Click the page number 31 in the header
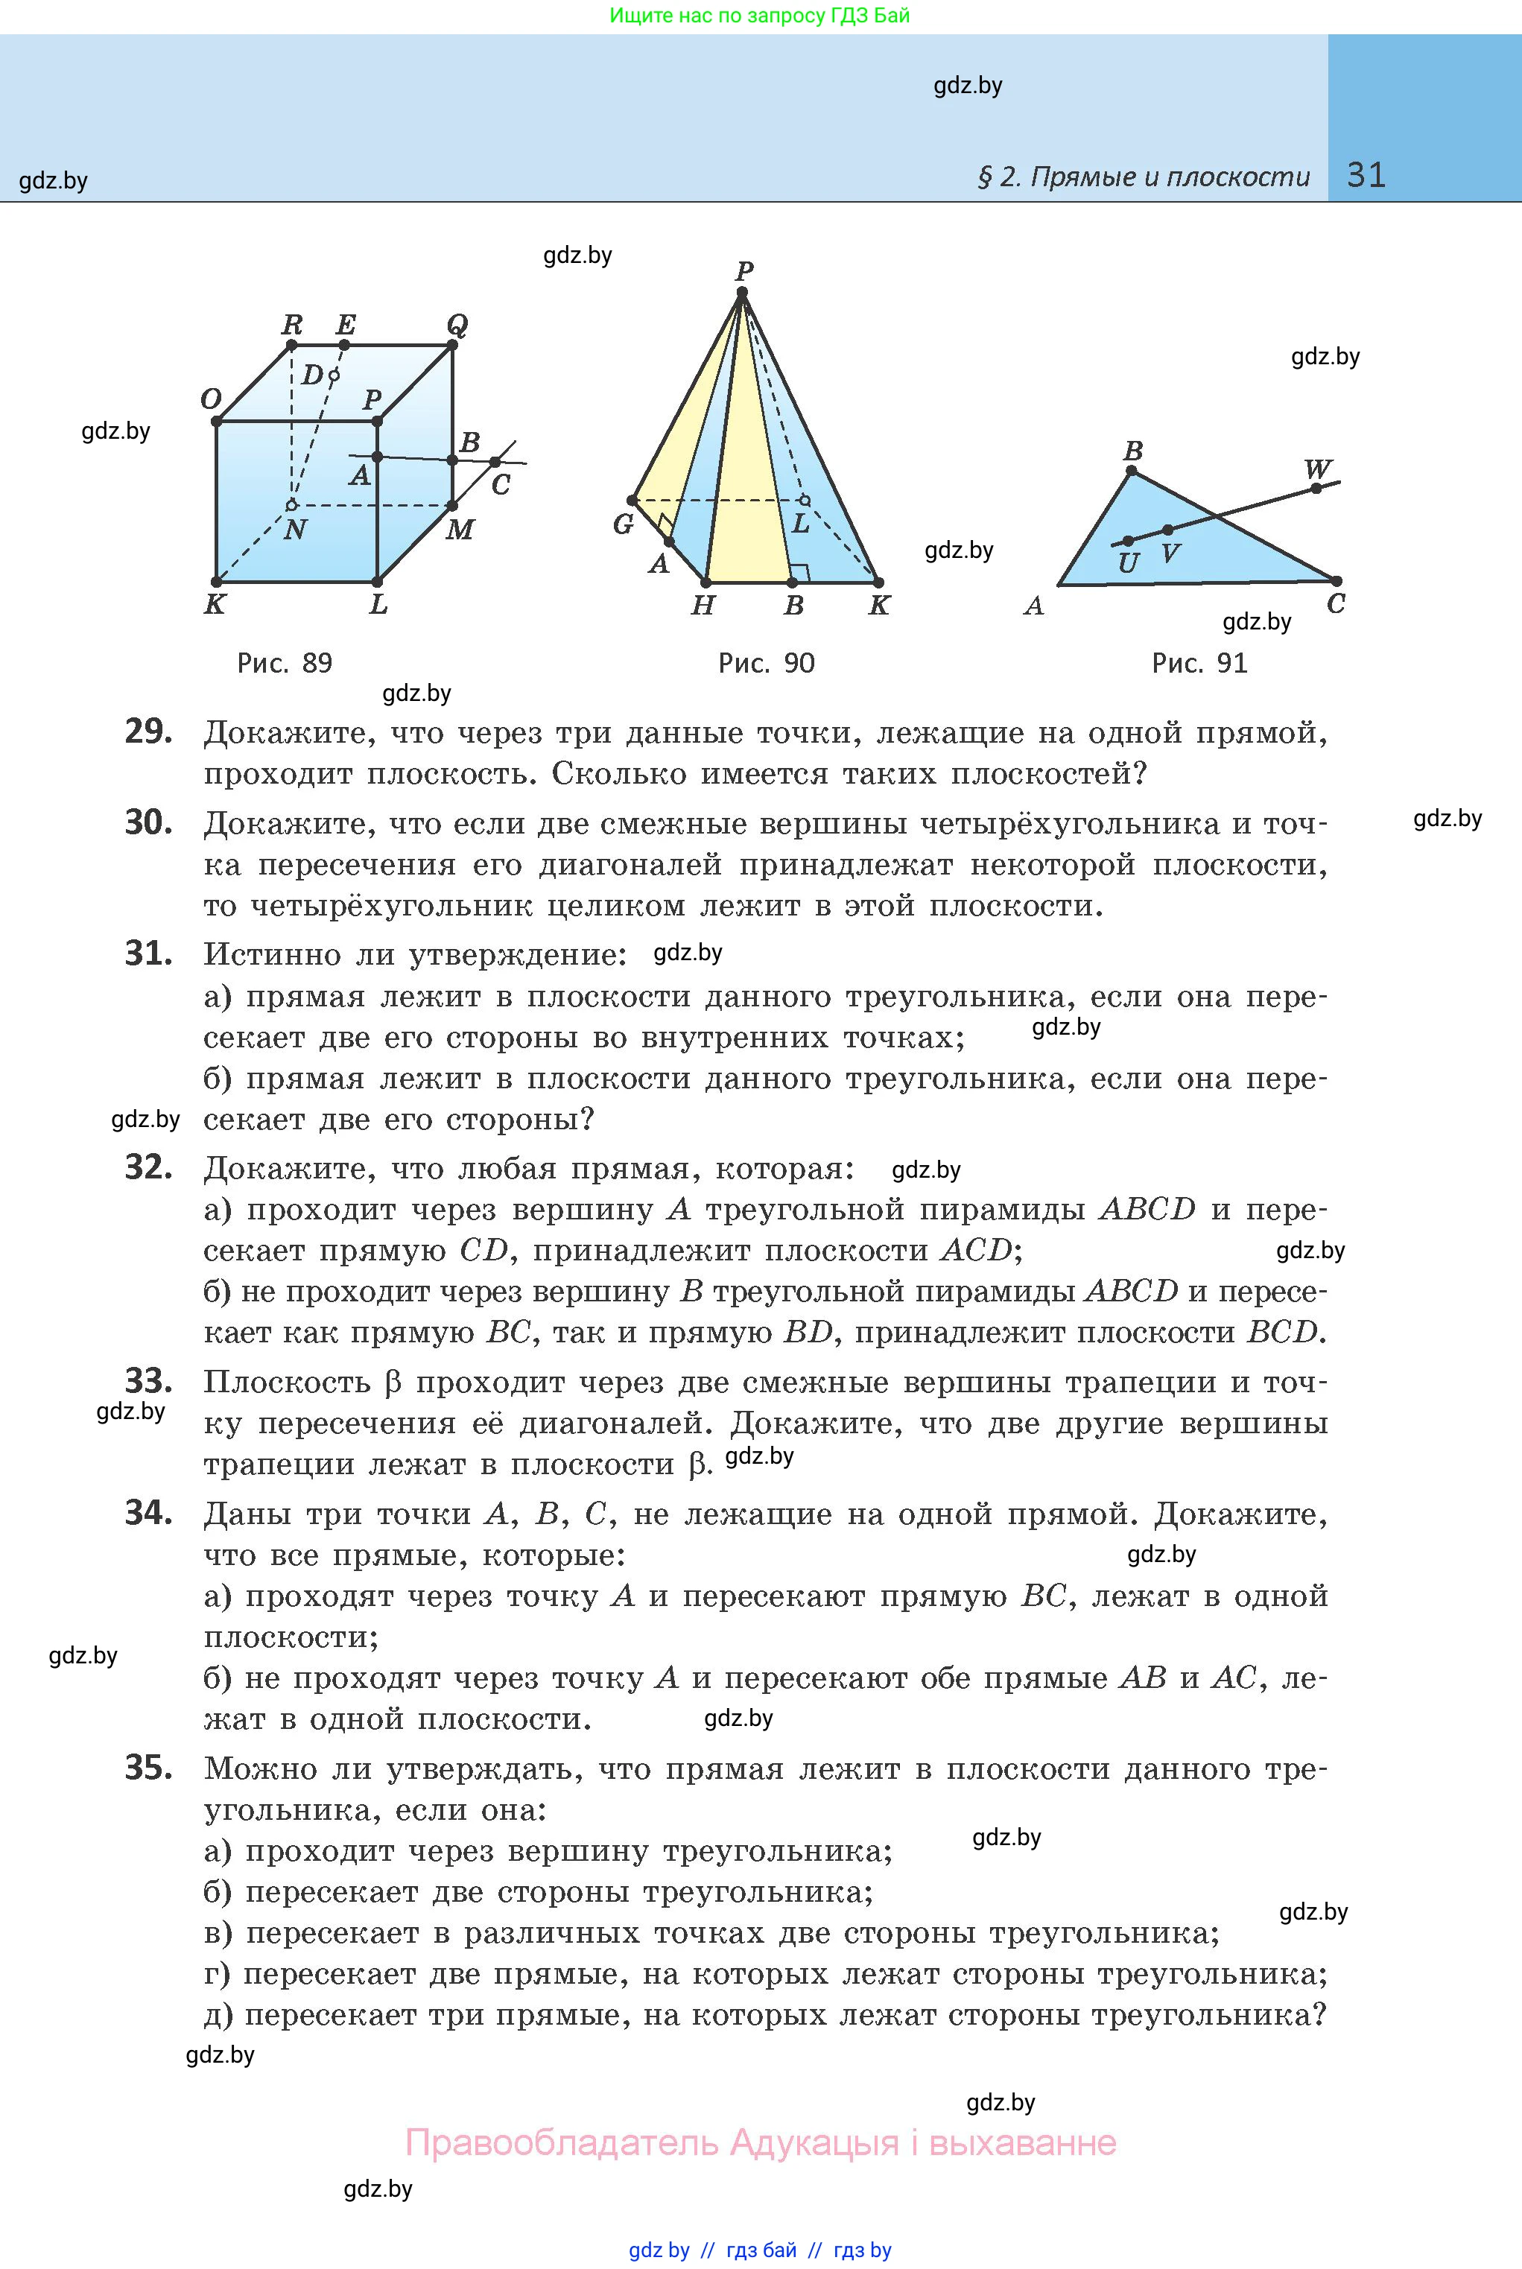pyautogui.click(x=1366, y=175)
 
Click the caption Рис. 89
pyautogui.click(x=285, y=663)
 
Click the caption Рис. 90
pyautogui.click(x=766, y=663)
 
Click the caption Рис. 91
pyautogui.click(x=1199, y=663)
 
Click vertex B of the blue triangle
pyautogui.click(x=1131, y=472)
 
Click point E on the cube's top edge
pyautogui.click(x=345, y=343)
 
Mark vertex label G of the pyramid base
pyautogui.click(x=623, y=524)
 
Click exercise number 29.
pyautogui.click(x=148, y=732)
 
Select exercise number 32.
pyautogui.click(x=148, y=1167)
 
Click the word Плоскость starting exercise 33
pyautogui.click(x=286, y=1382)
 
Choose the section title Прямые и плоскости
pyautogui.click(x=1169, y=177)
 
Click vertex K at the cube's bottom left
pyautogui.click(x=217, y=583)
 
